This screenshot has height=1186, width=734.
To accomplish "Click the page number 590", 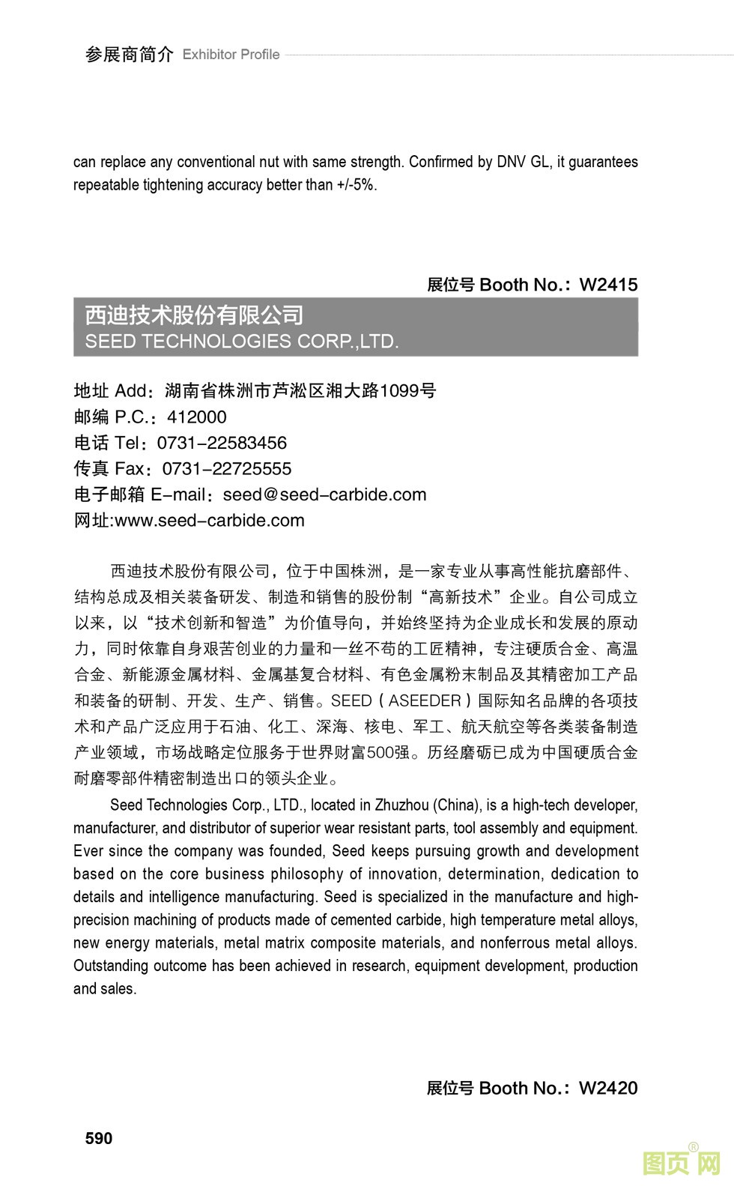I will pos(99,1138).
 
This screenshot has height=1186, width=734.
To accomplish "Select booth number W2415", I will pos(608,285).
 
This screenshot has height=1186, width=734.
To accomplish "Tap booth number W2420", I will pos(608,1088).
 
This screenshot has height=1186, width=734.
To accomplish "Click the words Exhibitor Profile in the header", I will pos(231,55).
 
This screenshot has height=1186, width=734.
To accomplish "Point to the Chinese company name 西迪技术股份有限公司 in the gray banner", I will pos(194,315).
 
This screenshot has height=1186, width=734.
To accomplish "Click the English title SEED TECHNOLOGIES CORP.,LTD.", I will pos(242,342).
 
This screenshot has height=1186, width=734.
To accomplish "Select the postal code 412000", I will pos(196,417).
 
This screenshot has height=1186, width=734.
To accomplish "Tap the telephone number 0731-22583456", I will pos(222,443).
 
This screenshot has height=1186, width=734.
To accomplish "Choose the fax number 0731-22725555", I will pos(227,469).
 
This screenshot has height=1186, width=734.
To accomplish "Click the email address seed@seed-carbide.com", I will pos(324,494).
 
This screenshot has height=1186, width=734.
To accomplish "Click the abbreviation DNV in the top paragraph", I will pos(512,162).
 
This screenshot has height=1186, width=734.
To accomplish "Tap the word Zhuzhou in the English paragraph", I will pos(400,805).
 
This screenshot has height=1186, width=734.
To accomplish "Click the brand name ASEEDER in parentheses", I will pos(425,701).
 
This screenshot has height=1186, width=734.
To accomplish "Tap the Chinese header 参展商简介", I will pos(129,55).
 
